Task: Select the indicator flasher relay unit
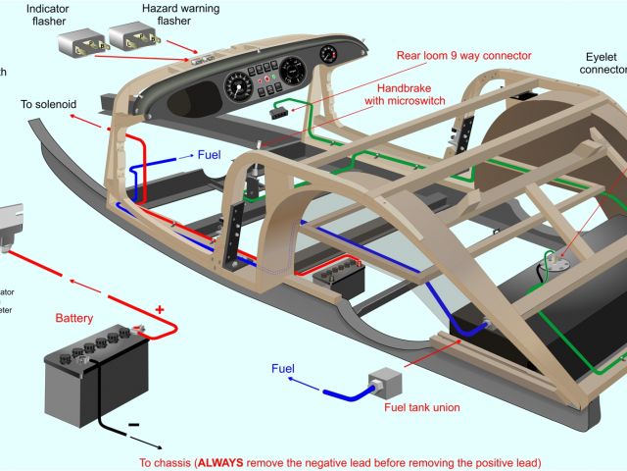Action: pyautogui.click(x=81, y=44)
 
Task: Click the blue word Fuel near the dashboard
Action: pyautogui.click(x=210, y=155)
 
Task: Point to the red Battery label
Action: pyautogui.click(x=74, y=318)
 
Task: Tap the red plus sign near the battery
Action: pyautogui.click(x=159, y=309)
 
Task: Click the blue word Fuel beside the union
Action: pyautogui.click(x=283, y=369)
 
